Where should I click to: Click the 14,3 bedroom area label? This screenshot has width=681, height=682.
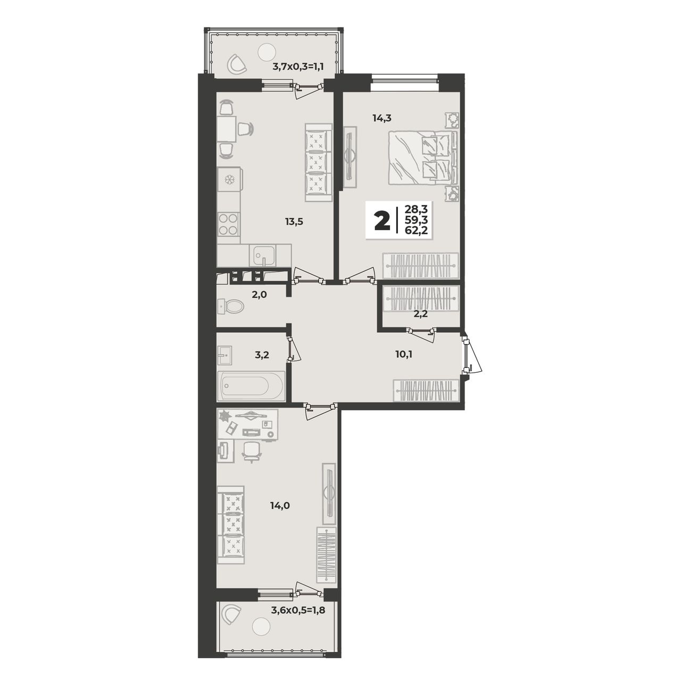(381, 119)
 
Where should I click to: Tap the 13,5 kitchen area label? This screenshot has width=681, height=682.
(294, 222)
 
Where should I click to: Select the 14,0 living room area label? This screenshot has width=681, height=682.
(280, 506)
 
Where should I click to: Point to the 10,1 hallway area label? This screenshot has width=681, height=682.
(405, 354)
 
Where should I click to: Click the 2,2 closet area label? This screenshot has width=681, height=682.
(421, 314)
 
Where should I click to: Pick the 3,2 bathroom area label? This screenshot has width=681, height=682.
(262, 354)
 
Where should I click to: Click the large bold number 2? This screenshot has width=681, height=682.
(383, 220)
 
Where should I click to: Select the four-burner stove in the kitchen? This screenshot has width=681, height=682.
(228, 224)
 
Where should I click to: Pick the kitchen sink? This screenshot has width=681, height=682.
(262, 255)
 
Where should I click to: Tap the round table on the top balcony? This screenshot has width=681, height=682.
(267, 52)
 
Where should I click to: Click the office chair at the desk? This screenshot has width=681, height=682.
(252, 452)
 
